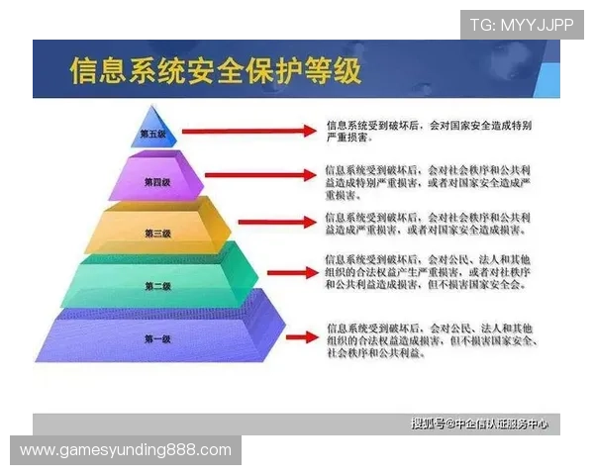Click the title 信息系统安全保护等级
point(215,71)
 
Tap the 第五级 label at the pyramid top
point(152,133)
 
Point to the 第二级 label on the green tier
point(158,286)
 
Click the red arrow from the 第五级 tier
point(247,131)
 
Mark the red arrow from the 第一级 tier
point(297,337)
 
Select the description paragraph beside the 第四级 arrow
point(433,182)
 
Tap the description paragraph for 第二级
point(433,272)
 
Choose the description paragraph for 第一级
point(433,338)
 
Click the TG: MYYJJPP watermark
point(522,25)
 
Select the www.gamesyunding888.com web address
point(126,450)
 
